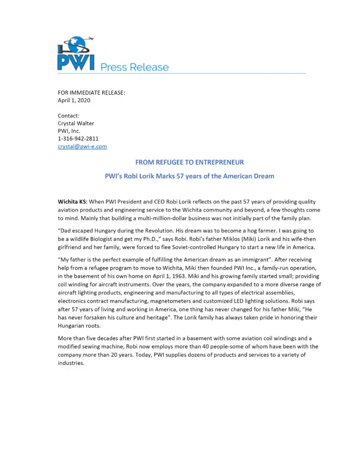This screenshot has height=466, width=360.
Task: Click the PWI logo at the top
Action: [x=76, y=54]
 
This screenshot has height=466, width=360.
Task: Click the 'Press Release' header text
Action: [x=134, y=67]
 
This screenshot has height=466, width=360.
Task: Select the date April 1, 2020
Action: [x=74, y=100]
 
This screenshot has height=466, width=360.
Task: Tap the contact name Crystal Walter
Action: [x=76, y=123]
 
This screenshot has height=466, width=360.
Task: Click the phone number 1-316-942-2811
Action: [x=78, y=138]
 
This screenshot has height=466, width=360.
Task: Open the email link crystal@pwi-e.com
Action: [x=82, y=146]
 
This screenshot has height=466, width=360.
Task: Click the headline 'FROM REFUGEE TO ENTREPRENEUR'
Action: [x=189, y=162]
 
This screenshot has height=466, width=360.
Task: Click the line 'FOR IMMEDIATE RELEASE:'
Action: [x=91, y=92]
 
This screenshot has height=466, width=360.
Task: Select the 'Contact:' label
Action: [x=69, y=116]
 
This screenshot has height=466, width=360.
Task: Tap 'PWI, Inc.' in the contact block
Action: [x=69, y=131]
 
